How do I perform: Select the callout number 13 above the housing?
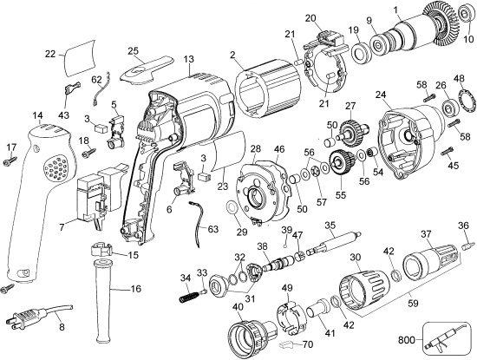pos(188,58)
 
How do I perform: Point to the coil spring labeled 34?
pos(187,293)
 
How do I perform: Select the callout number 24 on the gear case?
pos(380,93)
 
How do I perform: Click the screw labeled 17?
pos(11,160)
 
